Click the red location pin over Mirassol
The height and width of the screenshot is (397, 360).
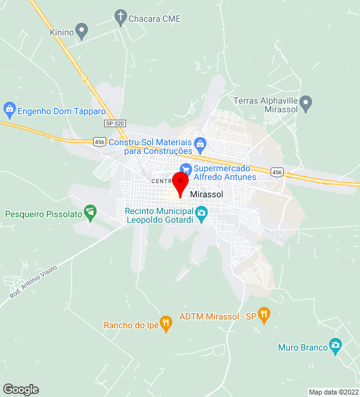point(180,184)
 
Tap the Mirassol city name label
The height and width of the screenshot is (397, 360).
point(207,194)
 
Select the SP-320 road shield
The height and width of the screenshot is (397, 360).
point(114,123)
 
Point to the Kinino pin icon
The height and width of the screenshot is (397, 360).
point(82,30)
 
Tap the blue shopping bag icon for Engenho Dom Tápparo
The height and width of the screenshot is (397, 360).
point(9,111)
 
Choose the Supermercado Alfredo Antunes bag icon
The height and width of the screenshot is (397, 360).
point(185,169)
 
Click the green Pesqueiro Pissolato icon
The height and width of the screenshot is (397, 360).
point(91,213)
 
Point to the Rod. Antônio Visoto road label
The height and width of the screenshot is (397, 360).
point(34,282)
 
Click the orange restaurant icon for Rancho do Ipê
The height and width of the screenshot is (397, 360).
point(166,323)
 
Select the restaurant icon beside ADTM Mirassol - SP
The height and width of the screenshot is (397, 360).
point(264,315)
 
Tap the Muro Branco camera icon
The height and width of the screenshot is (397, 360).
point(336,346)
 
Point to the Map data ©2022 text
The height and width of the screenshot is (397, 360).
point(333,392)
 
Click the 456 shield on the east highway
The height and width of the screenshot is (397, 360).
point(277,172)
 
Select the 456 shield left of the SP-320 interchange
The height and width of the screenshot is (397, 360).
point(99,142)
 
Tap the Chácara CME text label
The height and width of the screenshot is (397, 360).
point(155,19)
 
